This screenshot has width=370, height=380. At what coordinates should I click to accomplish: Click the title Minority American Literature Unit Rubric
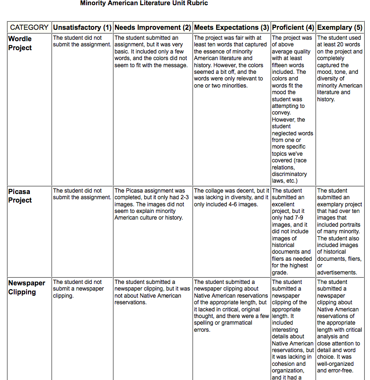pos(144,3)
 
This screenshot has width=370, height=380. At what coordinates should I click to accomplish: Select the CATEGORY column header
pos(29,27)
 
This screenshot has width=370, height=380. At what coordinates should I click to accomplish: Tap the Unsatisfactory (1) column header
pos(82,27)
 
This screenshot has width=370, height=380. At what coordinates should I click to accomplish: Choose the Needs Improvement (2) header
pos(153,27)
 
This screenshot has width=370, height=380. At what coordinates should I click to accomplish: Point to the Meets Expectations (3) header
pos(231,27)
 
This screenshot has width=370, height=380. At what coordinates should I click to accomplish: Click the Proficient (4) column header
pos(293,27)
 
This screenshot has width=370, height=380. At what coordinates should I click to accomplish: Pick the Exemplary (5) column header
pos(340,27)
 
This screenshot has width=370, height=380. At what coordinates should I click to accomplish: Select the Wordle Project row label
pos(20,43)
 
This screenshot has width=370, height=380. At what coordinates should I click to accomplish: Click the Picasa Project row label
pos(20,196)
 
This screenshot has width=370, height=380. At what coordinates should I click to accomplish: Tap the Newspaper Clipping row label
pos(26,287)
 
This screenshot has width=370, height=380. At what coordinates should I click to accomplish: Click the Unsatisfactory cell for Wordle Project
pos(82,41)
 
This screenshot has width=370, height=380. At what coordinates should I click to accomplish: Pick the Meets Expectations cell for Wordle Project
pos(231,62)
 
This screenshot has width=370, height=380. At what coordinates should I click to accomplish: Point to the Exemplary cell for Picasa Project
pos(339,231)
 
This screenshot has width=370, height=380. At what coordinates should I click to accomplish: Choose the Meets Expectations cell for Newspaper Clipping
pos(231,306)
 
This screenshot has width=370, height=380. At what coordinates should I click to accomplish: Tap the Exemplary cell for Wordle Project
pos(339,69)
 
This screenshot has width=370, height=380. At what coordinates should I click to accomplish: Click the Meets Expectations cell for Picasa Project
pos(231,198)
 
